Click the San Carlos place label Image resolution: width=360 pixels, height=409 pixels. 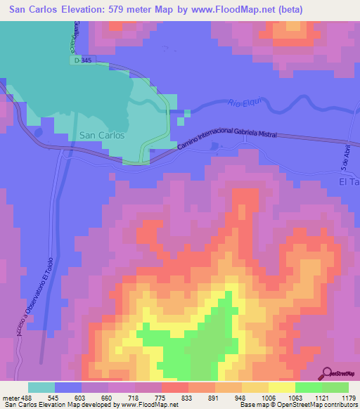click(103, 135)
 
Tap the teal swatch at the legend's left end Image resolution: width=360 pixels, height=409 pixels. click(41, 387)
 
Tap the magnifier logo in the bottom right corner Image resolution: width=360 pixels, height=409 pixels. click(328, 373)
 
